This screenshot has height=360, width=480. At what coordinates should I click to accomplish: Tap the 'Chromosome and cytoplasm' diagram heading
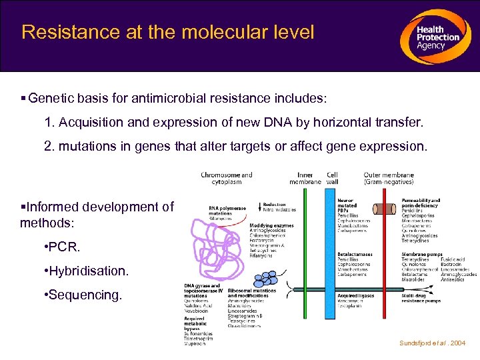pyautogui.click(x=227, y=179)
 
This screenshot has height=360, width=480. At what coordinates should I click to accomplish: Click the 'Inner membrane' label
pyautogui.click(x=305, y=179)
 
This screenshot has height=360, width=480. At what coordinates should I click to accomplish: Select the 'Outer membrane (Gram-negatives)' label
pyautogui.click(x=388, y=179)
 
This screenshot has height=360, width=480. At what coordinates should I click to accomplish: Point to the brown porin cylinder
pyautogui.click(x=385, y=209)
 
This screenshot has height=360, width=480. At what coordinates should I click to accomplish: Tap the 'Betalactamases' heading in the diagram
pyautogui.click(x=356, y=254)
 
